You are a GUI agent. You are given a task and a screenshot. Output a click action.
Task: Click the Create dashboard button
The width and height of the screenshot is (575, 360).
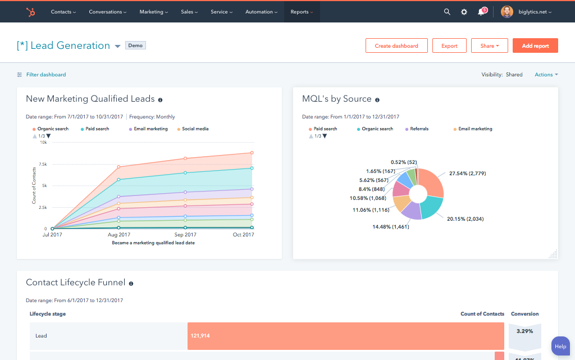coord(396,45)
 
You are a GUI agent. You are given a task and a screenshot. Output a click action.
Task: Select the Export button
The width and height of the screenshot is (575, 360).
coord(449,45)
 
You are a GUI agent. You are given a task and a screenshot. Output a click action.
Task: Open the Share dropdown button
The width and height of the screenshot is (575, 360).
coord(490,45)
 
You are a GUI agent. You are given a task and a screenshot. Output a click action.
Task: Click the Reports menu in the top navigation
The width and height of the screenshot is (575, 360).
coord(302,12)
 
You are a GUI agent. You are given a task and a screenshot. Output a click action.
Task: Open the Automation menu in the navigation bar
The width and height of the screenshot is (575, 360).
coord(261,12)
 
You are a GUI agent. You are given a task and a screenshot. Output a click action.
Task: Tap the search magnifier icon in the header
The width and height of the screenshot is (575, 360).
coord(447,12)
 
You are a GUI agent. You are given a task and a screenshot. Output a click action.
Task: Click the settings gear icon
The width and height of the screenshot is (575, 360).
coord(464,12)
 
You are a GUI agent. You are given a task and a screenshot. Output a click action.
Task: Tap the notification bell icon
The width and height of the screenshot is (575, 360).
coord(481,12)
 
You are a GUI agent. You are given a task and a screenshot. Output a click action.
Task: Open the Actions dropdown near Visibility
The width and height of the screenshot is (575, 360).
coord(546,75)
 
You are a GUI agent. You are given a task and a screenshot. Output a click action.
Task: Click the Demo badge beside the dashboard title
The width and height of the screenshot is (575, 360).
coord(135,45)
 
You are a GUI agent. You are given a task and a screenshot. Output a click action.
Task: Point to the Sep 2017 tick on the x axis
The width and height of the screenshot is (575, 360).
coord(186,235)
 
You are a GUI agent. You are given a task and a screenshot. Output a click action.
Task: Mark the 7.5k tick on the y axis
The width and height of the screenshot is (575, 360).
coord(43,164)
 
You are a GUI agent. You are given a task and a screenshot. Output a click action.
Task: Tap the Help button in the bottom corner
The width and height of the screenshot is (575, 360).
coord(560,347)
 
